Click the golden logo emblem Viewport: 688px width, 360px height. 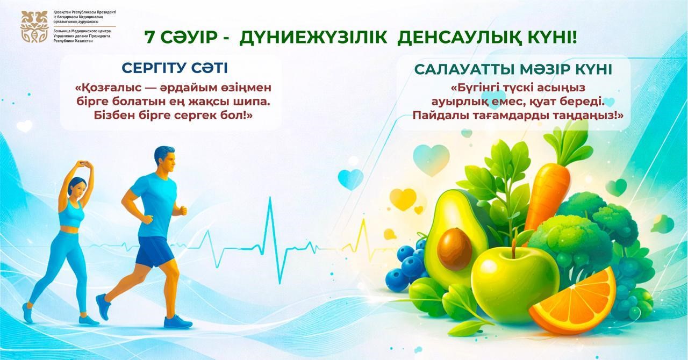(x=34, y=27)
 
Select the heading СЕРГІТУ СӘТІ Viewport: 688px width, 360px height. (x=175, y=68)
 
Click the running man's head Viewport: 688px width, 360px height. (x=164, y=159)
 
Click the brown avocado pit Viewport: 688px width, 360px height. (x=454, y=248)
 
